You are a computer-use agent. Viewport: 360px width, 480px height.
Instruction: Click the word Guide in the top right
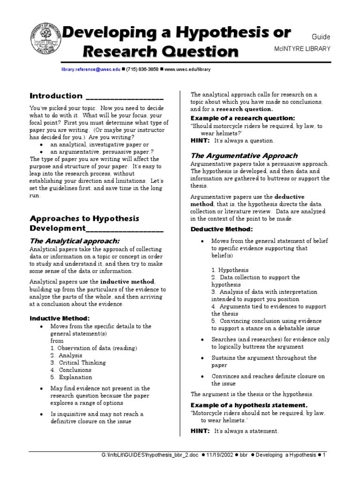321,37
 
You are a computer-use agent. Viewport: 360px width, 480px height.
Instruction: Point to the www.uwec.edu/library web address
187,69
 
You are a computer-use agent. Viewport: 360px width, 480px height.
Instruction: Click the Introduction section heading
56,96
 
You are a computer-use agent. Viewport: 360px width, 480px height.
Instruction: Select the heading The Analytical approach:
75,240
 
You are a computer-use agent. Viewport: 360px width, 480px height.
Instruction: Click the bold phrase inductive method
127,282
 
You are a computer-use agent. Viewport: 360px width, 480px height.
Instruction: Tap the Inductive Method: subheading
60,319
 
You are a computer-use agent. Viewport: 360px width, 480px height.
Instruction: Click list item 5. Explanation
71,377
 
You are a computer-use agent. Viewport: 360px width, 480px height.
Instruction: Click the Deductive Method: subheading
221,229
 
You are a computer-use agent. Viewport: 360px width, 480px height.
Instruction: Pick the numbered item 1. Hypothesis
230,270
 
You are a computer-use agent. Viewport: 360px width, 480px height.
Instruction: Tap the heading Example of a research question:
242,118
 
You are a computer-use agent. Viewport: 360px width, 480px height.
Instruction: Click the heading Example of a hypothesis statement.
249,405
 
